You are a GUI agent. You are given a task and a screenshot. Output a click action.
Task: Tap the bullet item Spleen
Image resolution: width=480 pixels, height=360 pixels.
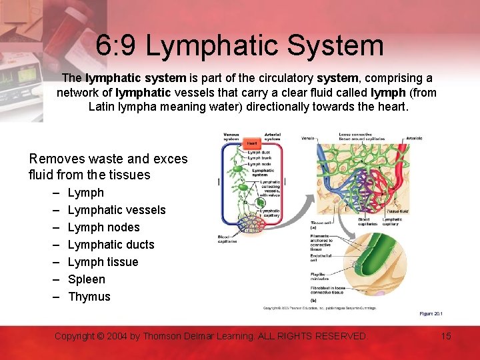pos(87,279)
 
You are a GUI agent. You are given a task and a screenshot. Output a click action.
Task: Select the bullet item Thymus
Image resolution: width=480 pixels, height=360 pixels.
pos(89,297)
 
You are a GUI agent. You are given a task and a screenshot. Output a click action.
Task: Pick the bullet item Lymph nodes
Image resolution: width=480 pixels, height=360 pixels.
pos(104,227)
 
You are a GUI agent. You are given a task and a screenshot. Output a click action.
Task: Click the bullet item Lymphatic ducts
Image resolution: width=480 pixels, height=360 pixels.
pos(111,245)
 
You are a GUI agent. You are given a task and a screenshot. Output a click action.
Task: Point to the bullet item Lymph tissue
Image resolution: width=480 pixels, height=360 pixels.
pos(103,262)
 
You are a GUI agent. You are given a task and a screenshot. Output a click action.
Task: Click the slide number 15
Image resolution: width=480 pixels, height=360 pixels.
pos(446,336)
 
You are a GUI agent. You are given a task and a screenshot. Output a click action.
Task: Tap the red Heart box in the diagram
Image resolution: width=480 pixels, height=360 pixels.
pos(252,143)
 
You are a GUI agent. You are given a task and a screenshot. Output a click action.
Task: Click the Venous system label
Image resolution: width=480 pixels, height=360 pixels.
pos(231,136)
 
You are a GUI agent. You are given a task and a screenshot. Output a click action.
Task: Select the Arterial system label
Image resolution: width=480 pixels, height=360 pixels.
pos(272,136)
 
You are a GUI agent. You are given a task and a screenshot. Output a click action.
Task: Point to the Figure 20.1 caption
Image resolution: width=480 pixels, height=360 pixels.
pos(431,313)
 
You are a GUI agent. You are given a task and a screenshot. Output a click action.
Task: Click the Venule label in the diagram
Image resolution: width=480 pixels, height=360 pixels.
pos(308,139)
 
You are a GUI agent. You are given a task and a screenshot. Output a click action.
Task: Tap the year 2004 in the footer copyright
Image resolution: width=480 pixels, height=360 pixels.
pos(117,336)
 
